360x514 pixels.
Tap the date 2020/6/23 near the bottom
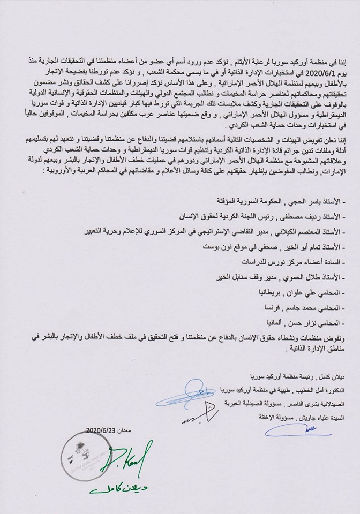101,430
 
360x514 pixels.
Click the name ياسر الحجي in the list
300,187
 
